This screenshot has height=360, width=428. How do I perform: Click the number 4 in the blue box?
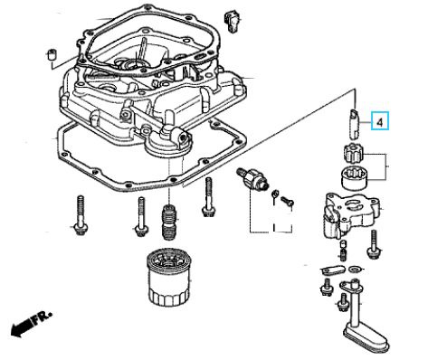click(380, 122)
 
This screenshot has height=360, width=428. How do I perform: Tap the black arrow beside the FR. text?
click(21, 327)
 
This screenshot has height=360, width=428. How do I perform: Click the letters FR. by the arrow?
click(42, 317)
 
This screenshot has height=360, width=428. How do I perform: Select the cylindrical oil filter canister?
click(169, 276)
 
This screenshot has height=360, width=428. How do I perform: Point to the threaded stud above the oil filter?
click(170, 222)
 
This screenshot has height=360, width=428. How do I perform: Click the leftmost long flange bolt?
click(81, 215)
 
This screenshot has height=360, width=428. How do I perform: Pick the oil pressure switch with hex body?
click(252, 178)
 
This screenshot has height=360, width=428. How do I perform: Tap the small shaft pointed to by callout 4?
click(355, 124)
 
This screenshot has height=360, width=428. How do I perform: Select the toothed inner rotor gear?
click(354, 155)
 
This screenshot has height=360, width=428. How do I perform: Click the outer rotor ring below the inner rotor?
click(355, 179)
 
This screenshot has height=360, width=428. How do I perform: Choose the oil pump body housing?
click(349, 214)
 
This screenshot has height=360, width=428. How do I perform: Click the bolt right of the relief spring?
click(374, 244)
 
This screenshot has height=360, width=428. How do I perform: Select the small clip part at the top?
click(232, 22)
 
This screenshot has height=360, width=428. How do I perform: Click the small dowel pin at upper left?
click(52, 53)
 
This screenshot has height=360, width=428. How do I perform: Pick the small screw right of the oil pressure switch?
click(288, 201)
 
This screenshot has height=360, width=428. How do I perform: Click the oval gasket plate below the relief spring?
click(332, 270)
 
